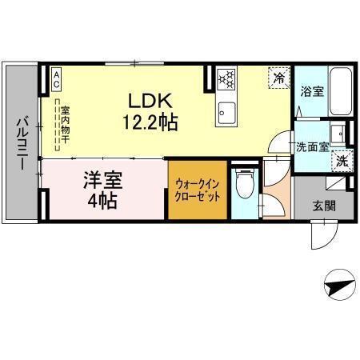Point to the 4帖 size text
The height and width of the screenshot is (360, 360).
click(102, 200)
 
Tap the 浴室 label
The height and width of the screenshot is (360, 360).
click(311, 91)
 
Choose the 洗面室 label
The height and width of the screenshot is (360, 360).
click(312, 146)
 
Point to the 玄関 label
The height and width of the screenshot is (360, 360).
click(323, 204)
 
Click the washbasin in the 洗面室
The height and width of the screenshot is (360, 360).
click(338, 133)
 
